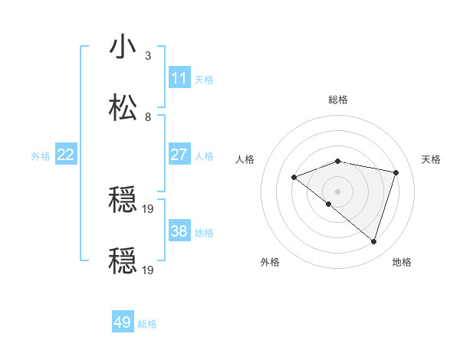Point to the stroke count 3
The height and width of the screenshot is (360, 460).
pos(148,55)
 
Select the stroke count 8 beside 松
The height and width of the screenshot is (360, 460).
pos(148,116)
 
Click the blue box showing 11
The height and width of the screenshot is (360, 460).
pos(179,78)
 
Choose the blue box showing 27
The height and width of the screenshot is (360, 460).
pos(179,155)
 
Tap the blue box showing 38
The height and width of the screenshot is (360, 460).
pos(179,231)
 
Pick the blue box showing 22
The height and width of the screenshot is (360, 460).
pos(66,155)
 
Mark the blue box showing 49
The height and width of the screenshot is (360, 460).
pos(123,322)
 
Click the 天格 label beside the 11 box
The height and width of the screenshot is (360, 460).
pos(204,79)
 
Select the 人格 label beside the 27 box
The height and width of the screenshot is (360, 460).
pos(204,155)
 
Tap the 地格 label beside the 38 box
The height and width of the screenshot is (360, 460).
pos(204,232)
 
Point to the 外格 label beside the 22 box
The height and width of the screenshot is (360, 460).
pos(41,155)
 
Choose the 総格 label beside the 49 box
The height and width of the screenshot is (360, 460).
pos(147,323)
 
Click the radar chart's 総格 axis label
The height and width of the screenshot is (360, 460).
pos(338,100)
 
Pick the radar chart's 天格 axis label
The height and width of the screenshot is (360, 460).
pos(432,159)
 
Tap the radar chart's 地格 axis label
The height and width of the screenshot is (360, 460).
pos(402,262)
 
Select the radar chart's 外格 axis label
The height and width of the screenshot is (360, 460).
pos(270,262)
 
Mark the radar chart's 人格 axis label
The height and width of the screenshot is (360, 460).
pos(245,159)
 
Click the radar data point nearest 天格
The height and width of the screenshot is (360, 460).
pos(396,172)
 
